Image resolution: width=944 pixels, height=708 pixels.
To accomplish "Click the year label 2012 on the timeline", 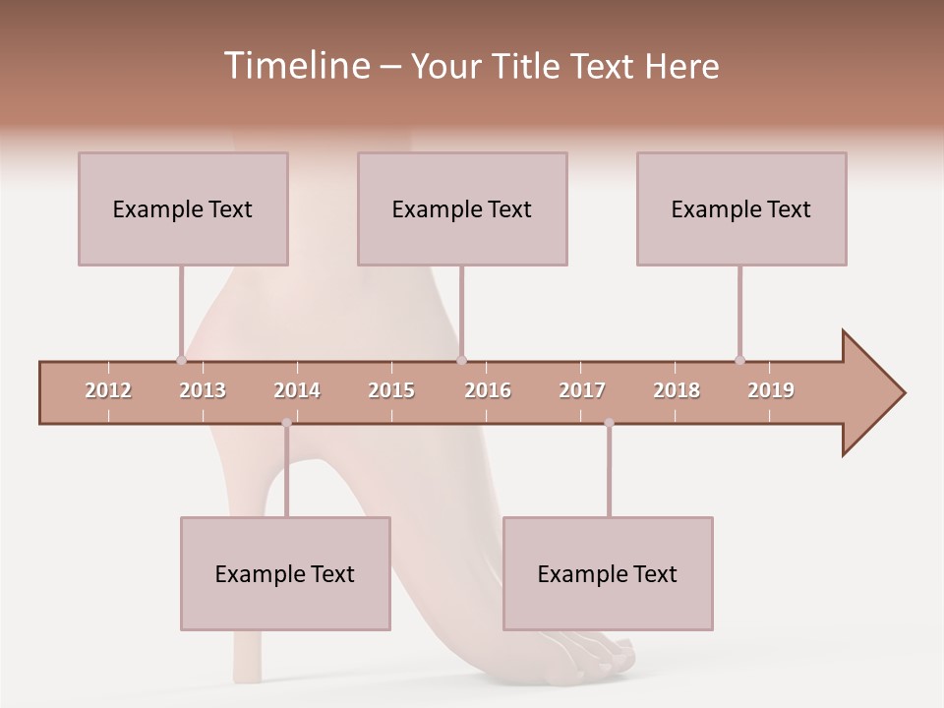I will [108, 390].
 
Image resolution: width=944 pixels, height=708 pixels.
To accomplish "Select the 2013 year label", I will [203, 390].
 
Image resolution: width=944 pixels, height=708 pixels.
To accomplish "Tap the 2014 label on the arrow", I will [297, 390].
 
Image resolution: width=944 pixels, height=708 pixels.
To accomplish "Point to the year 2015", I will [391, 390].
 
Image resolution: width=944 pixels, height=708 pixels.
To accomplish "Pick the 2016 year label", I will [488, 390].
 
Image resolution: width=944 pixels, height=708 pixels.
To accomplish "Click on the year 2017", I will [582, 390].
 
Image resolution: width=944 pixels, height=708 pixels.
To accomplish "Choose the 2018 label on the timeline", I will [677, 390].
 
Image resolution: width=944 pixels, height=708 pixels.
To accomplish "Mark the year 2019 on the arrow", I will [771, 390].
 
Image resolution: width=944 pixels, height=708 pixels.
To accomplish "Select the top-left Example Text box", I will [183, 208].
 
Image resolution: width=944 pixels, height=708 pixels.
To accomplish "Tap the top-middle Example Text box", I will [462, 208].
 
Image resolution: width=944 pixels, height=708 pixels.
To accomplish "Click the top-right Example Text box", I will [741, 208].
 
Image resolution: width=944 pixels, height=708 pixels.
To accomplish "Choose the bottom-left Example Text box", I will [285, 573].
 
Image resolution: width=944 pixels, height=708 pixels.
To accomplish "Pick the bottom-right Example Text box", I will [608, 573].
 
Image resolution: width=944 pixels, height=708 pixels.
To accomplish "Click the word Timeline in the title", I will [294, 66].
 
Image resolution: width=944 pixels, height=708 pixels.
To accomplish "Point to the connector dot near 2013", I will [181, 361].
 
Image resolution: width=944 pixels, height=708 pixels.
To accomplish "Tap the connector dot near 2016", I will [461, 361].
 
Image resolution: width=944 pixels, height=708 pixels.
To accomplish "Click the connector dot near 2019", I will [739, 360].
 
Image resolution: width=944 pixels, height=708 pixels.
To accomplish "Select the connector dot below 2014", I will [286, 423].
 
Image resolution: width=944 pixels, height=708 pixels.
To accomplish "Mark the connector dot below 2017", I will [609, 423].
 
